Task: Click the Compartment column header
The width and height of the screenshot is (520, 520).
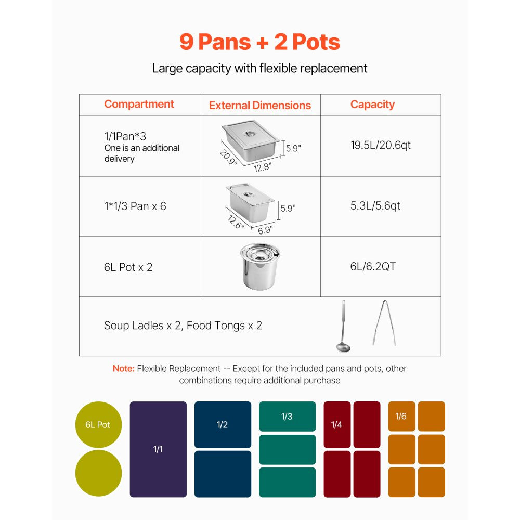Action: [139, 104]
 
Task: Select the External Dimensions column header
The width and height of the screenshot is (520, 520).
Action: [259, 106]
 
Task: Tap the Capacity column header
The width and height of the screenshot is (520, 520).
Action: [372, 105]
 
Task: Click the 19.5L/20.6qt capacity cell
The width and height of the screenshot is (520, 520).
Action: [380, 145]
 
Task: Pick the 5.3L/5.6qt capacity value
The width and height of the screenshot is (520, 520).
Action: [375, 206]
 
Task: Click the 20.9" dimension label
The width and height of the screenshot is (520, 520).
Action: [228, 157]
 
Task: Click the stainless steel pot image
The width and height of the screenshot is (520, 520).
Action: [259, 267]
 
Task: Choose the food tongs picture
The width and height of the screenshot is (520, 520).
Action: [383, 323]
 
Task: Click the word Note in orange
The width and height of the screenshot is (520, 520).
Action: [123, 369]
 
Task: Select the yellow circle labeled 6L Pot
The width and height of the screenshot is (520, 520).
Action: [98, 425]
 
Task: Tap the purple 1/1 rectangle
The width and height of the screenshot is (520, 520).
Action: [158, 449]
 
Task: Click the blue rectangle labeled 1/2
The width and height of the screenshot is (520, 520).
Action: [223, 425]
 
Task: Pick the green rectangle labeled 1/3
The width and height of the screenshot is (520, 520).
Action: [287, 417]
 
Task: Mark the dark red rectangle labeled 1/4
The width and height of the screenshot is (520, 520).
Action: [337, 425]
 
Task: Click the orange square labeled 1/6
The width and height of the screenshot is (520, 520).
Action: [401, 417]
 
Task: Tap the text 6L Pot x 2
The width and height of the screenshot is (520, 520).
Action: [128, 267]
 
